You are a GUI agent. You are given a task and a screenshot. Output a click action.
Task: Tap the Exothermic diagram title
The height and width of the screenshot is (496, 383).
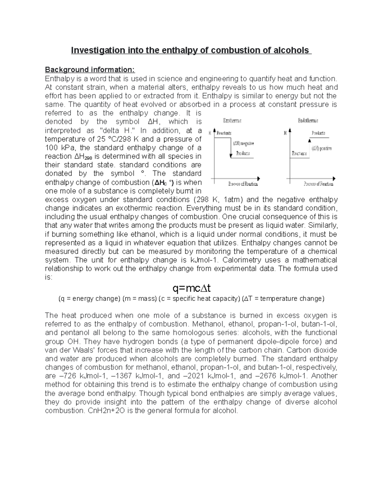(x=232, y=121)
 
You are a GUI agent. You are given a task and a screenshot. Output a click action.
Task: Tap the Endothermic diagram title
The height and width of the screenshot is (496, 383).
(x=308, y=121)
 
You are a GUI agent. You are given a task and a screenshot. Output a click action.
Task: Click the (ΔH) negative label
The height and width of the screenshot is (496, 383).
(x=243, y=143)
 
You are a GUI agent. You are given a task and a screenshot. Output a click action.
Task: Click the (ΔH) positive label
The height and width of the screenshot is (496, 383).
(x=321, y=148)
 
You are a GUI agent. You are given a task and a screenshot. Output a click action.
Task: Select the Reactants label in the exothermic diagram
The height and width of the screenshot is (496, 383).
(x=224, y=133)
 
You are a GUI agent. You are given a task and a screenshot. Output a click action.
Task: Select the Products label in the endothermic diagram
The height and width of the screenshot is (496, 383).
(x=318, y=133)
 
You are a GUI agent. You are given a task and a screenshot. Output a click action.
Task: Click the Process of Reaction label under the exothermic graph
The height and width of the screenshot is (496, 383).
(x=243, y=184)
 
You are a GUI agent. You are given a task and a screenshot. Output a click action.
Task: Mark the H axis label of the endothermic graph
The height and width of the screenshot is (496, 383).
(x=285, y=133)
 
